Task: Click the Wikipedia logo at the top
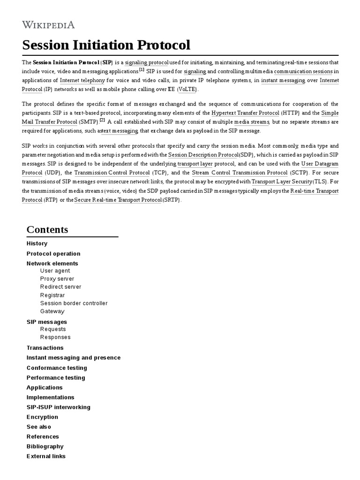click(48, 25)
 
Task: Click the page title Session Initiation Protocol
click(106, 45)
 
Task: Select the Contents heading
click(47, 229)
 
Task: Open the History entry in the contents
click(37, 243)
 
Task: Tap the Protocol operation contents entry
click(53, 254)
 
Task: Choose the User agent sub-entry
click(55, 270)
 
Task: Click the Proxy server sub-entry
click(57, 278)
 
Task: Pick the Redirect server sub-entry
click(60, 286)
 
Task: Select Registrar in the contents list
click(52, 295)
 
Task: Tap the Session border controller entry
click(74, 303)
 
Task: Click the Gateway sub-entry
click(52, 311)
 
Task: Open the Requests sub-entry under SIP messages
click(53, 329)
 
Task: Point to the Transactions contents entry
click(45, 348)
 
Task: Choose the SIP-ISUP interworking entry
click(59, 407)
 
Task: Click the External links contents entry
click(46, 456)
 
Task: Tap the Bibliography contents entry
click(45, 446)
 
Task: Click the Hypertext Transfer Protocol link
click(245, 113)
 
